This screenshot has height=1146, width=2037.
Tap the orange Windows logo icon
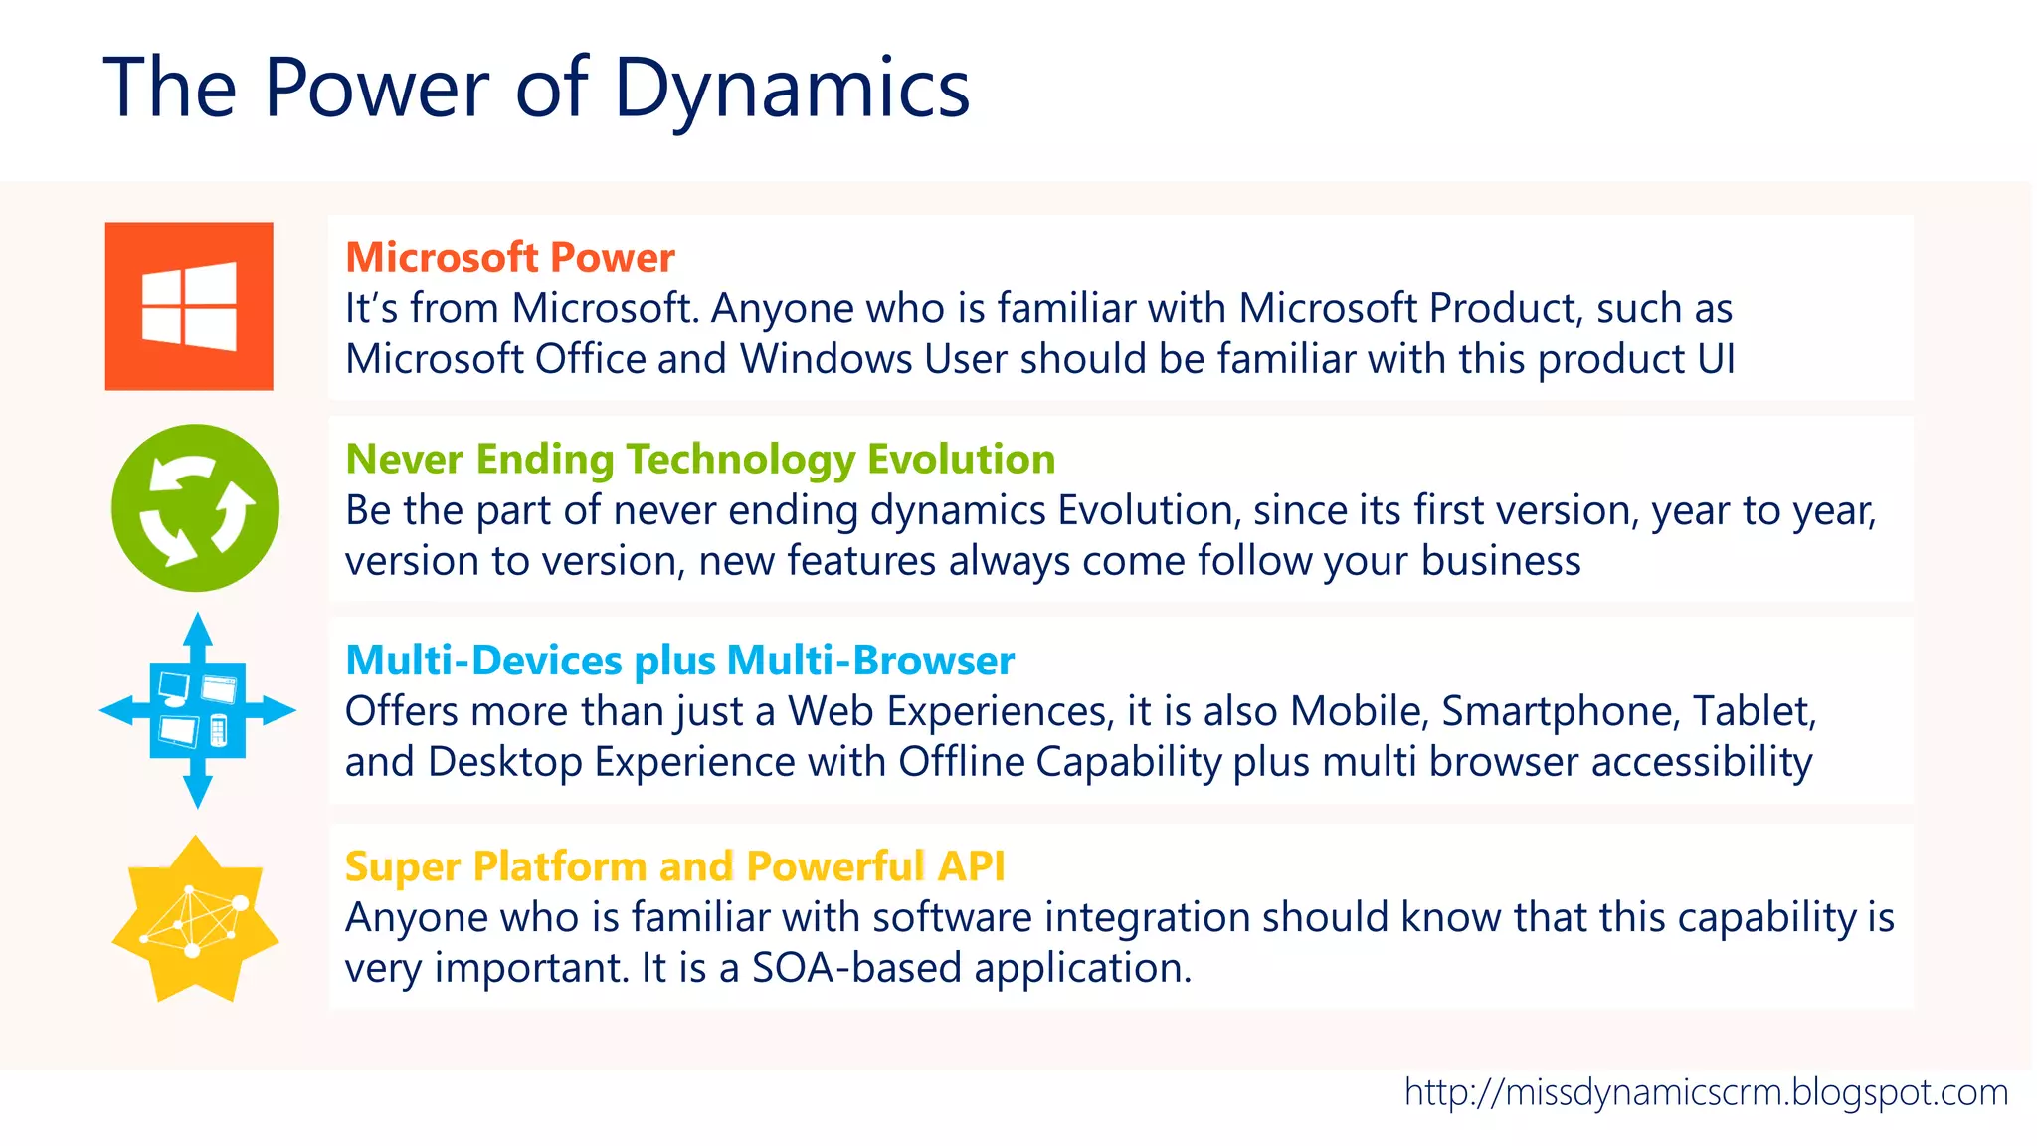click(189, 306)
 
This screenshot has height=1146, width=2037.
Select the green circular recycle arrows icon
click(195, 508)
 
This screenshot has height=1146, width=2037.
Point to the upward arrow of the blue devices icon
click(198, 633)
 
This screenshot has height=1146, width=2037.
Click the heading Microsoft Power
click(509, 258)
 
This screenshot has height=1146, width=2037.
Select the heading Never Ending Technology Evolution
click(699, 460)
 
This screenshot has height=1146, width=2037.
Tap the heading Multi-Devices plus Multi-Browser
click(679, 662)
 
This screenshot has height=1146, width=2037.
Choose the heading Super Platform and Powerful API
click(674, 866)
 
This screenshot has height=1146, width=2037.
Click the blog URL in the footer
click(1706, 1093)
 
